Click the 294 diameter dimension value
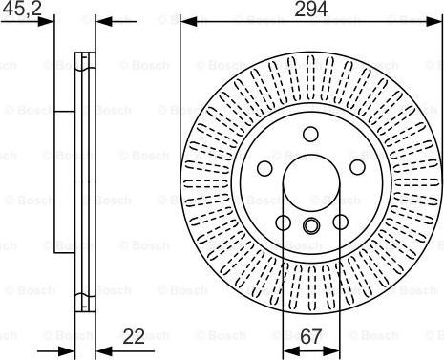click(310, 9)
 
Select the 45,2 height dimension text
click(21, 8)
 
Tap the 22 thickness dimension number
click(134, 336)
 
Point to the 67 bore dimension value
click(310, 337)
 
